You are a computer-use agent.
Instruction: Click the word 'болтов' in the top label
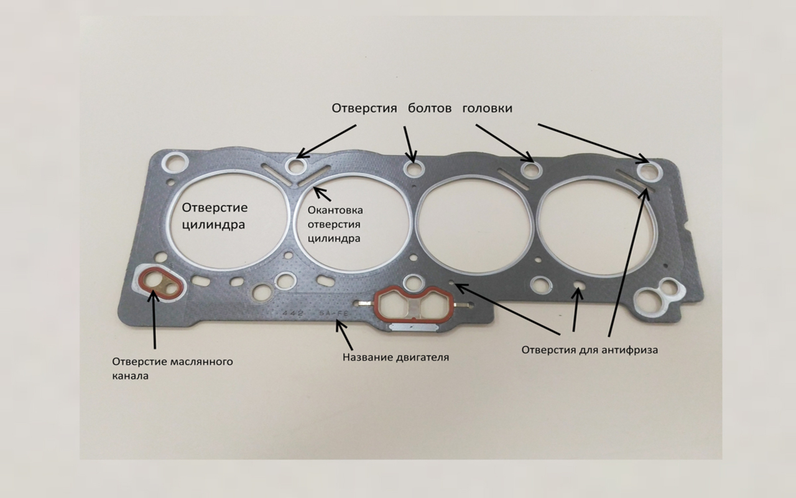[429, 108]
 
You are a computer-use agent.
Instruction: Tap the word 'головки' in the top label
[487, 108]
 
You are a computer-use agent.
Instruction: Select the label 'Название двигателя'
[396, 357]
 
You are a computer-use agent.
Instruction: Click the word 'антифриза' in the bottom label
[630, 350]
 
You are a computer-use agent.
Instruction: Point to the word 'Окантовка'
[335, 210]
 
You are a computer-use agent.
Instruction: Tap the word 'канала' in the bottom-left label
[130, 376]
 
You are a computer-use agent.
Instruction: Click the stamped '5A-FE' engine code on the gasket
[334, 314]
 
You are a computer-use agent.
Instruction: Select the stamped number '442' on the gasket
[293, 313]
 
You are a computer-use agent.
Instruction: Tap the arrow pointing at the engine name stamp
[344, 335]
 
